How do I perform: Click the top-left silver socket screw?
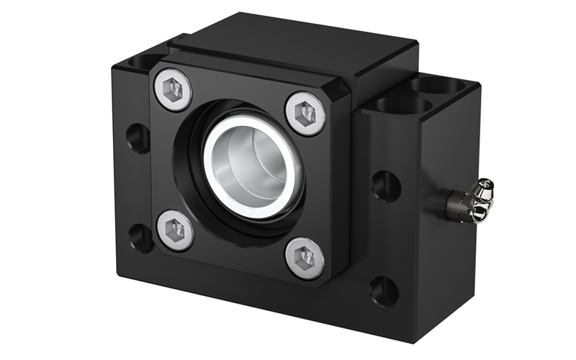click(174, 90)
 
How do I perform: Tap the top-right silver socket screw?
click(306, 112)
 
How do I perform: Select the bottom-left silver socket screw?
click(175, 230)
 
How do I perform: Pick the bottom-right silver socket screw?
click(305, 257)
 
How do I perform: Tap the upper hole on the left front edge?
click(138, 137)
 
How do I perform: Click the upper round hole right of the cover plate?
click(386, 186)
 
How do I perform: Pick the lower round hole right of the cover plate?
click(384, 291)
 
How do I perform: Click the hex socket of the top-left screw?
click(174, 90)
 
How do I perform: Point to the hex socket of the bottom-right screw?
click(305, 257)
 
